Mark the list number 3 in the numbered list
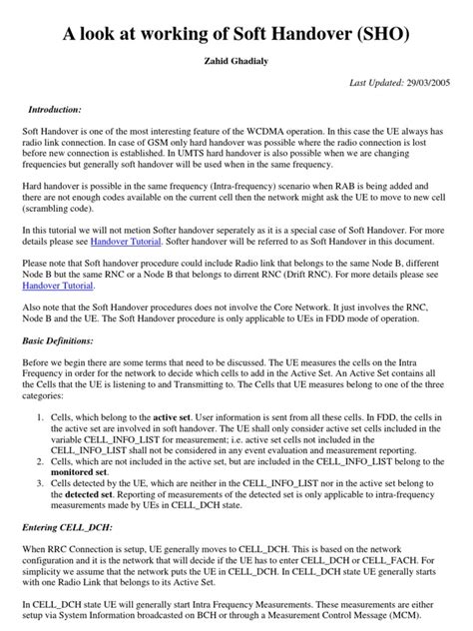[41, 485]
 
